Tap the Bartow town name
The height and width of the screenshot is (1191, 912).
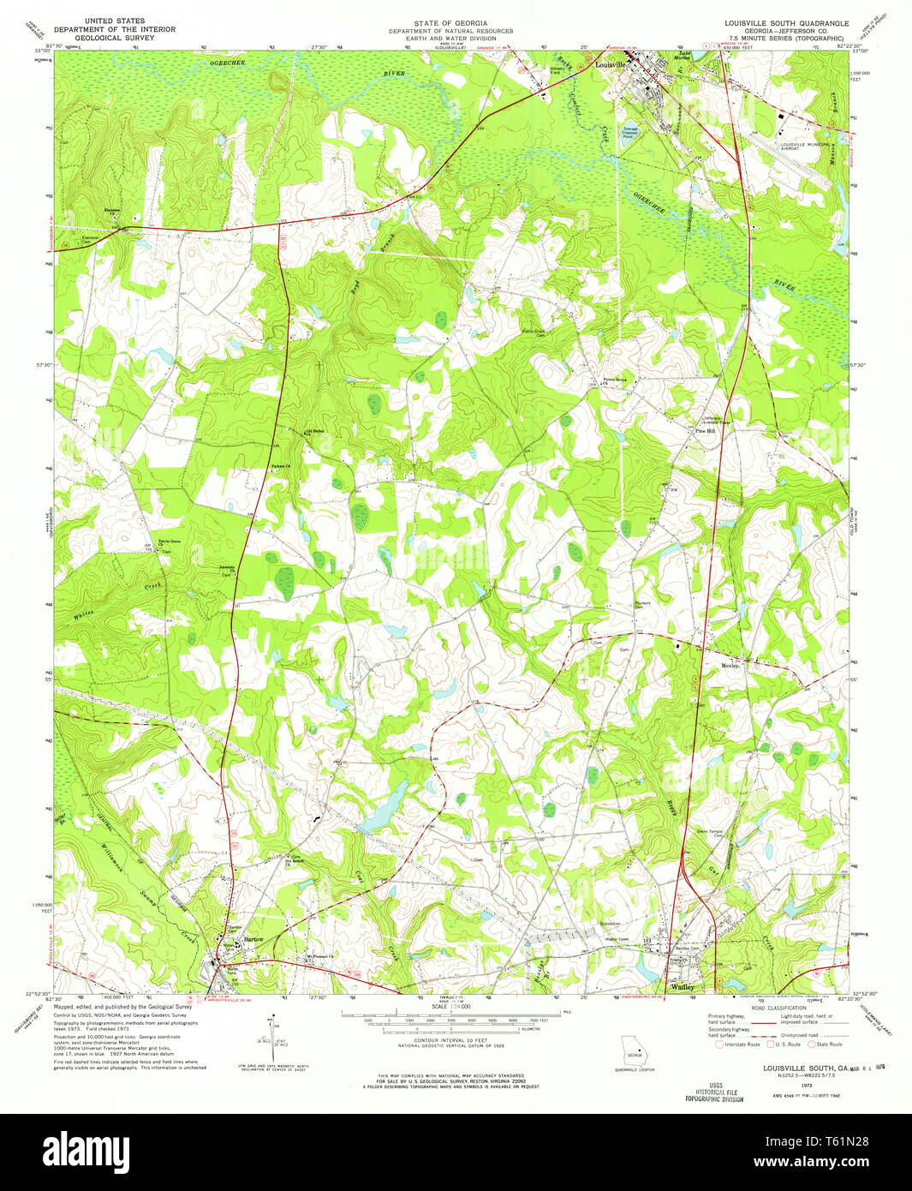click(253, 939)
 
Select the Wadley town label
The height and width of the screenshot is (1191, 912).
click(683, 987)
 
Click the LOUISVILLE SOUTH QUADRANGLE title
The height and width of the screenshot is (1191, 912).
click(786, 23)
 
